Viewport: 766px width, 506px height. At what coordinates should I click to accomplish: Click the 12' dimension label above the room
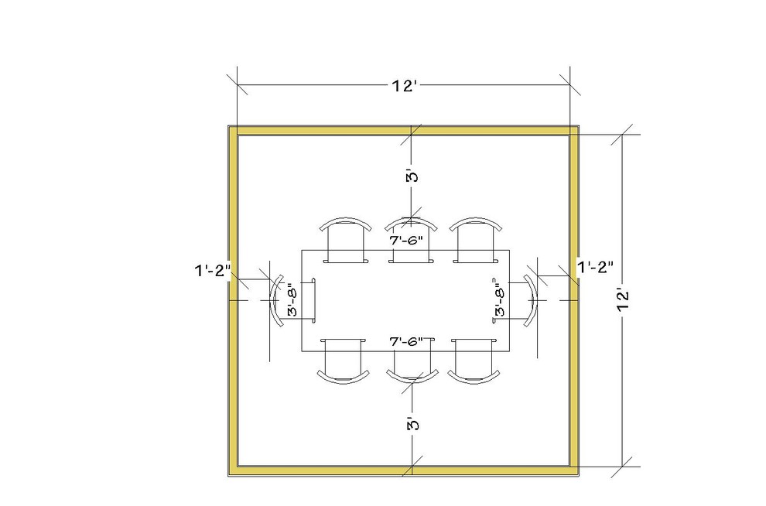[x=404, y=86]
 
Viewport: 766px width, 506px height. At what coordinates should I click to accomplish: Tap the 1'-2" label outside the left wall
[x=213, y=270]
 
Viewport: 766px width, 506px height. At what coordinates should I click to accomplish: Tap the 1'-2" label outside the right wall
[x=596, y=267]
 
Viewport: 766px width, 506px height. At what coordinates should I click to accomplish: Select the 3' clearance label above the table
[x=413, y=176]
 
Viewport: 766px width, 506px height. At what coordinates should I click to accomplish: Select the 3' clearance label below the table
[x=413, y=423]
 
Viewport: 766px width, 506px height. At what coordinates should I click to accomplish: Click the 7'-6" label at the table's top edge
[x=406, y=241]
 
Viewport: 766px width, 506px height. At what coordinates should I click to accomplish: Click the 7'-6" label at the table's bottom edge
[x=406, y=341]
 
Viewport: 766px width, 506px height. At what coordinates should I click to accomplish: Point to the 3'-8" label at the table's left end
[x=292, y=299]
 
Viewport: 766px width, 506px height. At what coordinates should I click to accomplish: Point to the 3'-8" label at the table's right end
[x=501, y=299]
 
